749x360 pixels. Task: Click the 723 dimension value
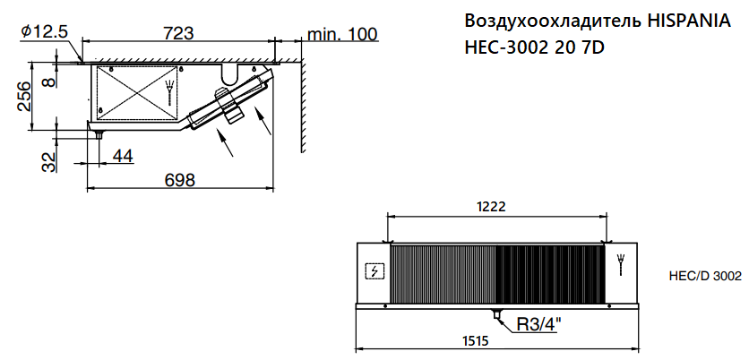178,33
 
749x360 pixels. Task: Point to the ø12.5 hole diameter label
45,31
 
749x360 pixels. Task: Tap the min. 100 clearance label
342,34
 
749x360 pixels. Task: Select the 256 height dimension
24,96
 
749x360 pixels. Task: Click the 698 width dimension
180,180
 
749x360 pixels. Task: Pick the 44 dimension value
123,156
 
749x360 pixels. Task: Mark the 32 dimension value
49,161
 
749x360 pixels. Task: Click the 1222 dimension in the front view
491,206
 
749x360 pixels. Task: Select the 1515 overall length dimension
475,341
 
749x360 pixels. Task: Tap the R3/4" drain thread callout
539,325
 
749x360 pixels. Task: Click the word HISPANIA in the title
689,21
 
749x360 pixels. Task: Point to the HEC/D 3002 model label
705,276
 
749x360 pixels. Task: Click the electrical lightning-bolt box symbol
374,271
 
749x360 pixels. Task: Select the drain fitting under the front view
497,314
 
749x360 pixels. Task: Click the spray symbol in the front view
621,265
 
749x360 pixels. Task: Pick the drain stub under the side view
99,134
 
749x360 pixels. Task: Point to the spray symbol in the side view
168,91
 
